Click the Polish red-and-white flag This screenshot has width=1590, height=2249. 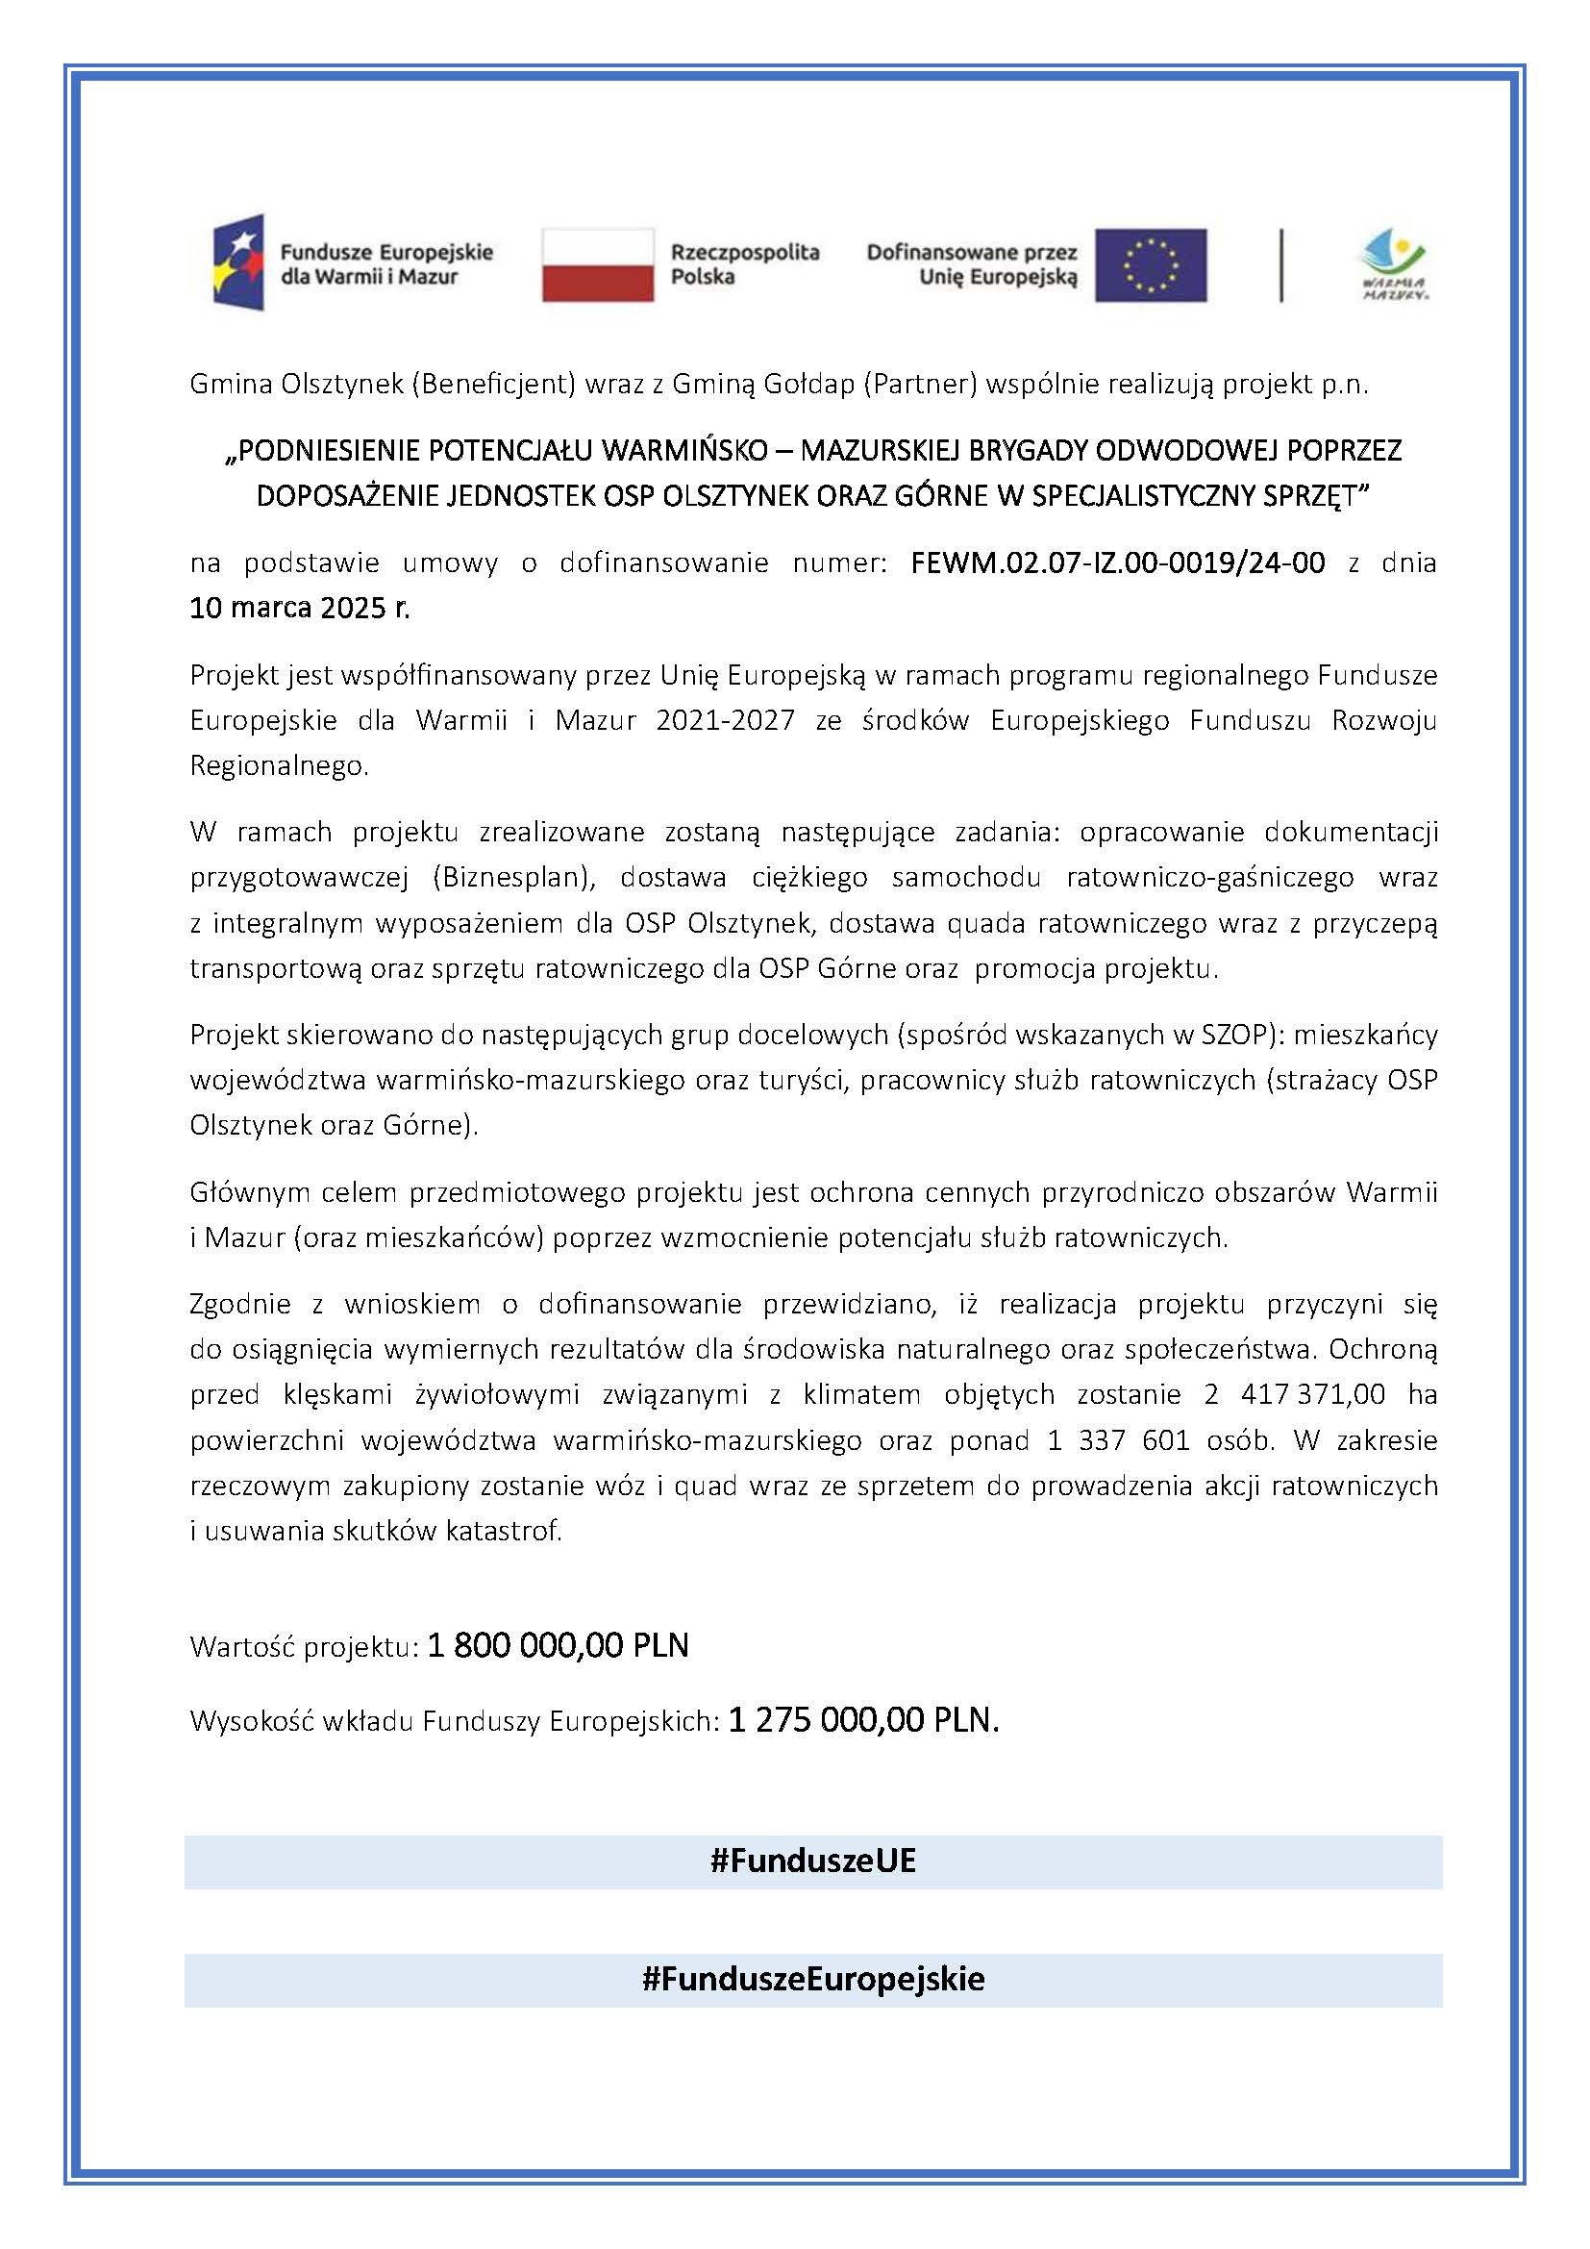pos(597,264)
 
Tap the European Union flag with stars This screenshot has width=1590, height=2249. pos(1151,264)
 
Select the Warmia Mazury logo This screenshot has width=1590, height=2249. pos(1393,264)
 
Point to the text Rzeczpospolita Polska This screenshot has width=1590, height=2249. pos(744,264)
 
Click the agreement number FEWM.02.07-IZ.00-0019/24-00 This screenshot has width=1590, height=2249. pos(1117,562)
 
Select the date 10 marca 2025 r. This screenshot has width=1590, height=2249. pos(300,609)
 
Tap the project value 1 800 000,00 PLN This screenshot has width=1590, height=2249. pos(559,1645)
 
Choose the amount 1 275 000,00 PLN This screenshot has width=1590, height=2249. pos(863,1720)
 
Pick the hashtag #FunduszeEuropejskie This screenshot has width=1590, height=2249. pos(812,1979)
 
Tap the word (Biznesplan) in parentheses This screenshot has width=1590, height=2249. pos(514,877)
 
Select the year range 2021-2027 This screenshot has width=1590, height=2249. pos(725,721)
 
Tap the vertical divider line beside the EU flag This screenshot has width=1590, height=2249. pos(1280,264)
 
